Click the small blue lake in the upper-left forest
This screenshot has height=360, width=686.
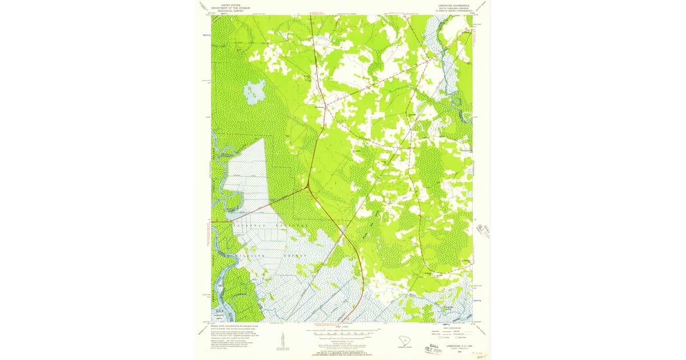[254, 90]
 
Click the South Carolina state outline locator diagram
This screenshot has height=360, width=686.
[405, 342]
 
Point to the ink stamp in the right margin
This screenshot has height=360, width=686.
[483, 231]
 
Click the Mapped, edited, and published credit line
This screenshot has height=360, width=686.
[236, 326]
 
